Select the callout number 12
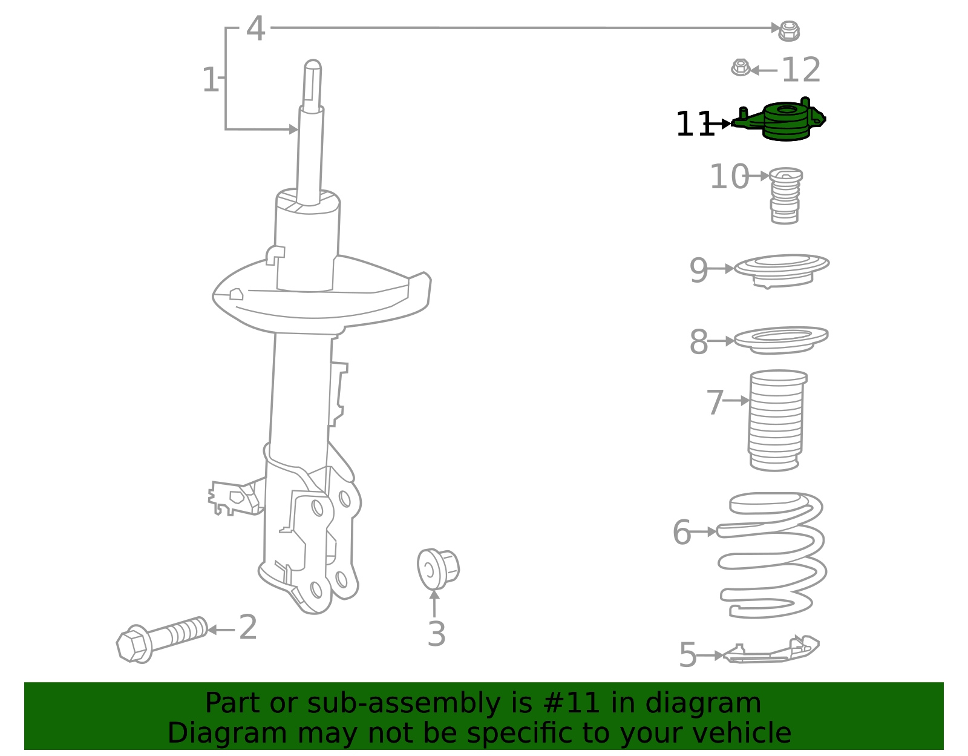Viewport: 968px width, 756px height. (x=801, y=70)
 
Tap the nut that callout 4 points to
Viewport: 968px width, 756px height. (x=789, y=31)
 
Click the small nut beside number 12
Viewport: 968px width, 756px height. (x=741, y=68)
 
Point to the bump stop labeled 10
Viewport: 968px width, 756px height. (x=785, y=196)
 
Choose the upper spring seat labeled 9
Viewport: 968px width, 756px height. (x=782, y=271)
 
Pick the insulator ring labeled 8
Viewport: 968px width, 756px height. (x=781, y=341)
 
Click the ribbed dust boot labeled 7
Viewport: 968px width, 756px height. (x=777, y=420)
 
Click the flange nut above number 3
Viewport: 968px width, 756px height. (x=438, y=569)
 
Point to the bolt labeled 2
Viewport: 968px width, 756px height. (x=162, y=640)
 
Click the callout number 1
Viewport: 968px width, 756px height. (x=211, y=80)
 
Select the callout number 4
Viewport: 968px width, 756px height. (x=256, y=28)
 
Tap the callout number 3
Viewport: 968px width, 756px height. (x=437, y=634)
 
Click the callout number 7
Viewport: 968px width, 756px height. (x=715, y=403)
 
